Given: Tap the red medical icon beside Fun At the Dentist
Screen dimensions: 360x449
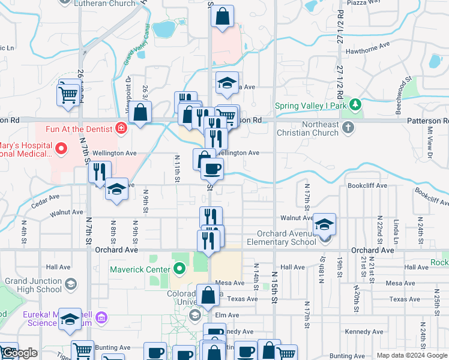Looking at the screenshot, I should pyautogui.click(x=121, y=128).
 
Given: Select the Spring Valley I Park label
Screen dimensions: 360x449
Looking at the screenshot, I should pyautogui.click(x=310, y=106).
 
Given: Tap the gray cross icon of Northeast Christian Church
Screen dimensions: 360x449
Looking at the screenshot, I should pyautogui.click(x=348, y=127).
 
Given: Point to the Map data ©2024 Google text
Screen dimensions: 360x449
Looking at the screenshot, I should pyautogui.click(x=412, y=356).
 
